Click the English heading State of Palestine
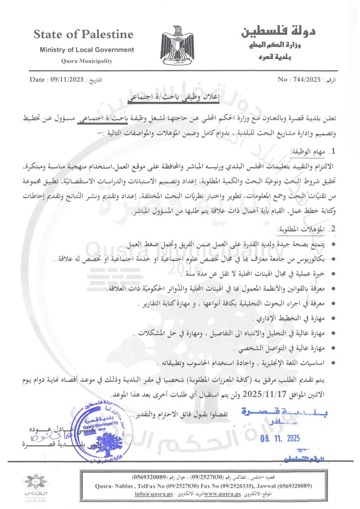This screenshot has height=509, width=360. (x=84, y=35)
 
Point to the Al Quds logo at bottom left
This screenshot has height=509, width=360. (x=32, y=487)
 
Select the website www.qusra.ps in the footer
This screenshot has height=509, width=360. (x=222, y=494)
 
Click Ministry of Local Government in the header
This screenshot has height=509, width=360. (x=87, y=50)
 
